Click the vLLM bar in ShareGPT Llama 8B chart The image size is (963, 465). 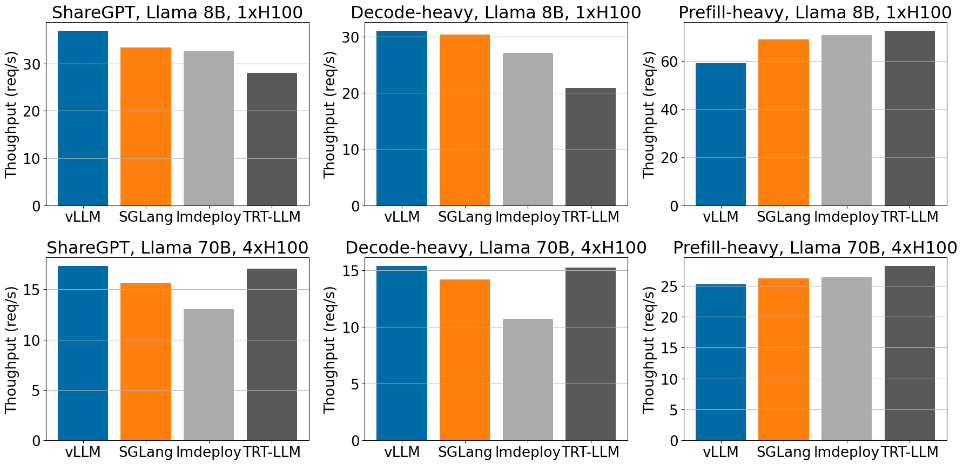coord(83,118)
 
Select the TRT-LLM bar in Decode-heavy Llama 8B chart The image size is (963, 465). coord(590,147)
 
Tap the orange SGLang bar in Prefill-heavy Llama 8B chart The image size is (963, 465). coord(783,122)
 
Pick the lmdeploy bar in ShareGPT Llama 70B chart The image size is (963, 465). coord(208,375)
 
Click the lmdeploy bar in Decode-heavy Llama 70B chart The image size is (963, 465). coord(528,380)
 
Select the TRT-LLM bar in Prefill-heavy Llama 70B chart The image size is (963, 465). coord(910,353)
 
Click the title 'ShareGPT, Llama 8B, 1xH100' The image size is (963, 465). coord(177,12)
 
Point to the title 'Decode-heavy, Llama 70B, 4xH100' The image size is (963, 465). coord(496,248)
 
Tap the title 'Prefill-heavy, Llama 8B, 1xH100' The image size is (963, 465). coord(814,12)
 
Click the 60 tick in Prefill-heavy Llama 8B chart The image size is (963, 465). coord(668,61)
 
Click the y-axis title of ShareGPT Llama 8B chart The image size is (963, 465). coord(11,114)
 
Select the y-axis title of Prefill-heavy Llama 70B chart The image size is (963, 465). coord(649,350)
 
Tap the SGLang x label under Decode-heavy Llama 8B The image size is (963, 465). coord(464,217)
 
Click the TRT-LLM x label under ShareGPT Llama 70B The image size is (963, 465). coord(272,452)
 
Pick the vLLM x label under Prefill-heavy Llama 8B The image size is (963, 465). coord(720,217)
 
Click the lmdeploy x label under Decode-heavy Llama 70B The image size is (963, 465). coord(528,452)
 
